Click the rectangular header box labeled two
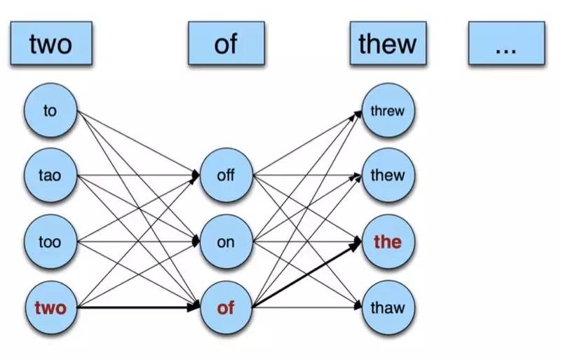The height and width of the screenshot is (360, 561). click(x=50, y=43)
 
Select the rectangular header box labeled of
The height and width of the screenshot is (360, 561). click(x=226, y=43)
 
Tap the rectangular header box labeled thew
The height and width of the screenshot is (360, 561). click(x=387, y=43)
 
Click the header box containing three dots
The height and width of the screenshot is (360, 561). click(x=506, y=43)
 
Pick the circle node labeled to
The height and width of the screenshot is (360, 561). click(x=50, y=111)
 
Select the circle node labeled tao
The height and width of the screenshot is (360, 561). click(x=50, y=175)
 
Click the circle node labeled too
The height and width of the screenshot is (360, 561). click(x=50, y=242)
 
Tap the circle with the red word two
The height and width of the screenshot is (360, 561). click(x=50, y=307)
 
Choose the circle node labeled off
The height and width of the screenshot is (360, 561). click(x=226, y=175)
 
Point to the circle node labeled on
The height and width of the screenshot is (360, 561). click(x=226, y=242)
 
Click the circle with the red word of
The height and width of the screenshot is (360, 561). click(x=226, y=307)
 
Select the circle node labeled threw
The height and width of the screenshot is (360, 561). click(x=387, y=111)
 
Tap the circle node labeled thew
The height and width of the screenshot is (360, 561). click(x=387, y=175)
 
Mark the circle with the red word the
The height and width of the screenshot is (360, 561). click(x=387, y=242)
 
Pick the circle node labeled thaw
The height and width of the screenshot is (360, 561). click(x=387, y=307)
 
